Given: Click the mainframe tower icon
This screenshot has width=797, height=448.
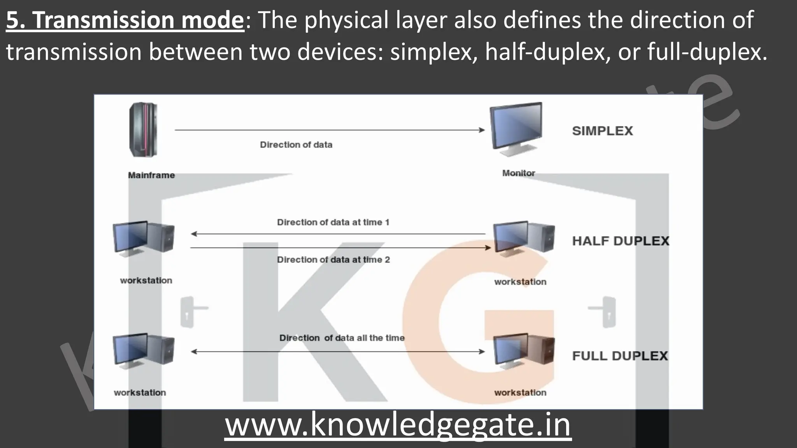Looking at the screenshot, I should (x=143, y=129).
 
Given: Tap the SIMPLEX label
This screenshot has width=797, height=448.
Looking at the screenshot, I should (x=602, y=131).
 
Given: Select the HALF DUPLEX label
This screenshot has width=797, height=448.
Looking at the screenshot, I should (x=620, y=241).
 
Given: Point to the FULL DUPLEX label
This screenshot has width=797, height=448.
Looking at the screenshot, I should (x=620, y=356).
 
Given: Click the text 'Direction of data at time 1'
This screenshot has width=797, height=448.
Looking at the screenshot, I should (x=333, y=222).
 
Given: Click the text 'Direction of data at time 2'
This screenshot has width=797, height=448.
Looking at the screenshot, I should (x=333, y=260).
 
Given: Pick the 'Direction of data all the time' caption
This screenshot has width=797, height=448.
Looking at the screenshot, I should (x=342, y=338).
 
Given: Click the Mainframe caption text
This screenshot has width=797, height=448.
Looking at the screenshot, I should (x=151, y=175).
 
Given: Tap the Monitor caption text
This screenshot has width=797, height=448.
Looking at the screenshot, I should (x=518, y=173).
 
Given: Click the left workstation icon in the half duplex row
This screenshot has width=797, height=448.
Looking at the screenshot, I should (x=143, y=238).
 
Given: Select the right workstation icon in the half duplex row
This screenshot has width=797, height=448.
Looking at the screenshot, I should (x=523, y=238).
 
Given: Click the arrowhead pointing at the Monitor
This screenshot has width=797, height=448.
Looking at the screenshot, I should (x=482, y=130).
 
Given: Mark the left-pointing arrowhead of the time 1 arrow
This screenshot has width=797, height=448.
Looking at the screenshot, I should (x=194, y=234).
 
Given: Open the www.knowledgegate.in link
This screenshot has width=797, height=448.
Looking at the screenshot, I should (x=398, y=425).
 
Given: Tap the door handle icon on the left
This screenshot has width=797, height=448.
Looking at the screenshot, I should (x=190, y=311).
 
